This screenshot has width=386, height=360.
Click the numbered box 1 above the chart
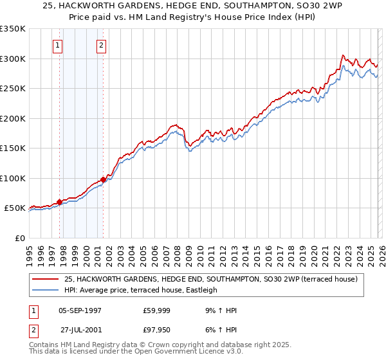pos(59,45)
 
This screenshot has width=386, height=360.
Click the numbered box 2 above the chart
pos(102,45)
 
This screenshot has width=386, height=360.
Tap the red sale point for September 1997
pos(59,202)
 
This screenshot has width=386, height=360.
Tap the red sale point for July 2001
pos(103,179)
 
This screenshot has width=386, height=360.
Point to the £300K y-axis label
pos(13,59)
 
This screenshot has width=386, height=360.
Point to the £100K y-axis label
pos(13,178)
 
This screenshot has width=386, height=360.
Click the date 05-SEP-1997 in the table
pos(80,310)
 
